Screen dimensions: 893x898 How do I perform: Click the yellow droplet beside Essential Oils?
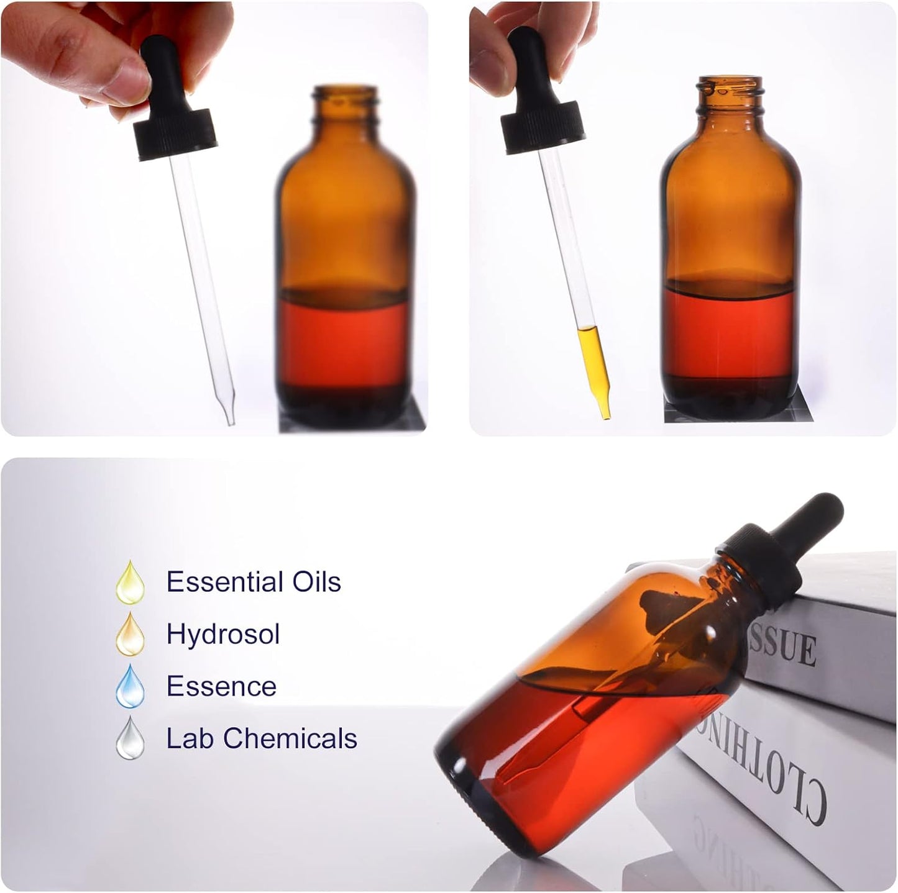[x=130, y=583]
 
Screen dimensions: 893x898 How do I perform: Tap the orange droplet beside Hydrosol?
[x=130, y=635]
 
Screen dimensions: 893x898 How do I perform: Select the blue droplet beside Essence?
[x=130, y=687]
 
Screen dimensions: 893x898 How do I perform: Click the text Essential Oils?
[x=254, y=582]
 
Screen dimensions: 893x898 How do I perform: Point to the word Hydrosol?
[x=223, y=634]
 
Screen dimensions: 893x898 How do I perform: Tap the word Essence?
[x=221, y=686]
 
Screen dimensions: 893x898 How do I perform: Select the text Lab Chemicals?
[x=262, y=738]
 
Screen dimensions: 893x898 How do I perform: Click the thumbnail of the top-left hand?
[x=128, y=83]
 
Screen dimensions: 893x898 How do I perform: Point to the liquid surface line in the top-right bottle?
[x=730, y=287]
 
